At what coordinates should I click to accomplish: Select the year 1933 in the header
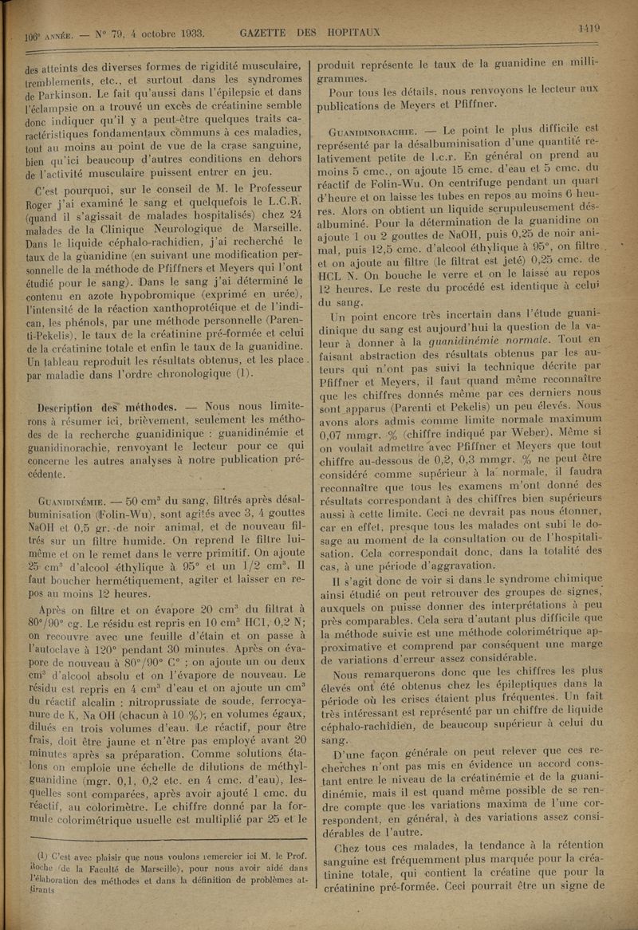click(x=190, y=33)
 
